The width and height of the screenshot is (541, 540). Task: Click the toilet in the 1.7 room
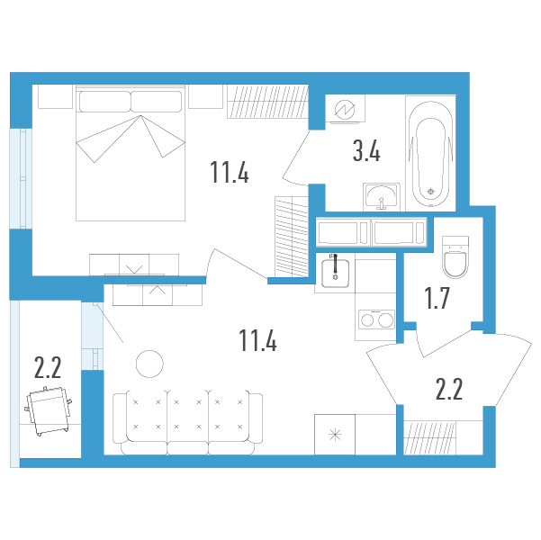click(x=455, y=256)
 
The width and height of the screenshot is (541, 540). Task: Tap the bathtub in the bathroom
click(x=430, y=154)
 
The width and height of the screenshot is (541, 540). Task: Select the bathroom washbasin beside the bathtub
click(x=382, y=197)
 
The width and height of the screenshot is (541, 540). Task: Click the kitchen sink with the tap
click(x=335, y=274)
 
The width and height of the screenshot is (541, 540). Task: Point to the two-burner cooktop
click(x=376, y=319)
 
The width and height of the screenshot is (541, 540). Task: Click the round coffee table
click(x=149, y=364)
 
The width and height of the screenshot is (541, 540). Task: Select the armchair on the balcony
click(x=49, y=410)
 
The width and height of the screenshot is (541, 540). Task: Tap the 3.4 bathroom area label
click(x=366, y=152)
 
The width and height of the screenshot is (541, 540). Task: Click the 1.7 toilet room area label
click(x=437, y=299)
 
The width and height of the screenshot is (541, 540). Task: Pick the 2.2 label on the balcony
click(x=48, y=367)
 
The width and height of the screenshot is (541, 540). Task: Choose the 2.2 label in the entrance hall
click(x=449, y=389)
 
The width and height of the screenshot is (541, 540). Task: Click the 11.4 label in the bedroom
click(x=230, y=172)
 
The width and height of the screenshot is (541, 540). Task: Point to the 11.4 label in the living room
click(x=257, y=340)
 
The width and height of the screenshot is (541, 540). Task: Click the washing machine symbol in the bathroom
click(x=345, y=108)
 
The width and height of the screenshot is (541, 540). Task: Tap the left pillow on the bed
click(x=105, y=102)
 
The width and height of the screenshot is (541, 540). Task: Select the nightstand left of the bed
click(x=55, y=96)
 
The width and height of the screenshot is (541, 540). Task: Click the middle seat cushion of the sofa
click(x=188, y=416)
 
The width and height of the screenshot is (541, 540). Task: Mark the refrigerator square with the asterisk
click(x=335, y=435)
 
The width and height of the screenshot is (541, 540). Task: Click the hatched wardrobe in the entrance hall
click(x=430, y=437)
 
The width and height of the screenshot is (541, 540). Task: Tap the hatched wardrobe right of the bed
click(x=267, y=102)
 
